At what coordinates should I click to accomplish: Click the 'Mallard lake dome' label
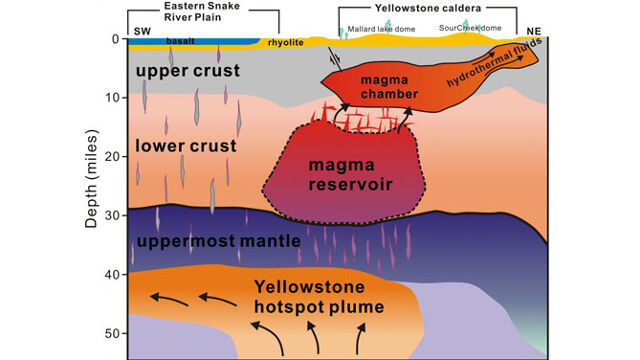(x=381, y=30)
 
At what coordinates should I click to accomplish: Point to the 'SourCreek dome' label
(x=482, y=30)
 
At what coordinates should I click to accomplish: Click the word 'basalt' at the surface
(x=181, y=42)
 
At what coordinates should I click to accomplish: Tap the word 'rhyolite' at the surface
(x=282, y=42)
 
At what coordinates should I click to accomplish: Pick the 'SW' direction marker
(x=140, y=30)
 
